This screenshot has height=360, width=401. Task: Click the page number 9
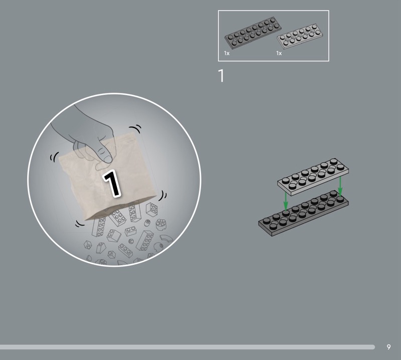[x=389, y=347]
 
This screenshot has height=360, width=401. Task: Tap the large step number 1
[x=222, y=76]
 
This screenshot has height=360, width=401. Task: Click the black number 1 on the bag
[x=112, y=184]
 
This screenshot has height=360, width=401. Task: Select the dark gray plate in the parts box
[x=253, y=33]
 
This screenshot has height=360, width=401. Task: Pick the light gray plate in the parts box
[x=300, y=36]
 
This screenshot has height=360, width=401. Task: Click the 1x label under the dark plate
[x=227, y=53]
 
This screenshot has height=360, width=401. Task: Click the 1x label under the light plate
[x=279, y=53]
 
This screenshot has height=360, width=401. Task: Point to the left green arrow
[x=286, y=202]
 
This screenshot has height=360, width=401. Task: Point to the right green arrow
[x=340, y=186]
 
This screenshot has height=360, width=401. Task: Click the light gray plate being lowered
[x=313, y=177]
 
